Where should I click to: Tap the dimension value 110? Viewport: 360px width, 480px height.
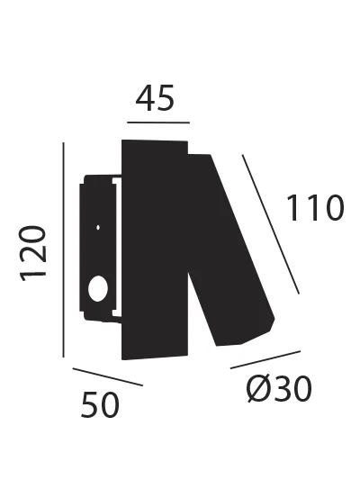[x=315, y=209]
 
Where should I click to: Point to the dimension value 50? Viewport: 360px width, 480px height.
[x=100, y=406]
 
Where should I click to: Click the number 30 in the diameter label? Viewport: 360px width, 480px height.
[x=292, y=389]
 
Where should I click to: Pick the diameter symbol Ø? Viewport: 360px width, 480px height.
[x=256, y=389]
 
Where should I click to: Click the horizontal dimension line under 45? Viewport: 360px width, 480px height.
[x=158, y=121]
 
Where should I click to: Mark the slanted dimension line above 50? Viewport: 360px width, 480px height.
[x=107, y=377]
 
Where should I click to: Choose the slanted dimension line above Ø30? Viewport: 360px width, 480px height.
[x=266, y=358]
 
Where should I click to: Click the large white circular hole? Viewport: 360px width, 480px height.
[x=96, y=289]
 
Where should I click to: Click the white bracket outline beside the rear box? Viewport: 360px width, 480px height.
[x=116, y=248]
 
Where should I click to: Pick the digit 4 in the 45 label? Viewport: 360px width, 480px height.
[x=147, y=98]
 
